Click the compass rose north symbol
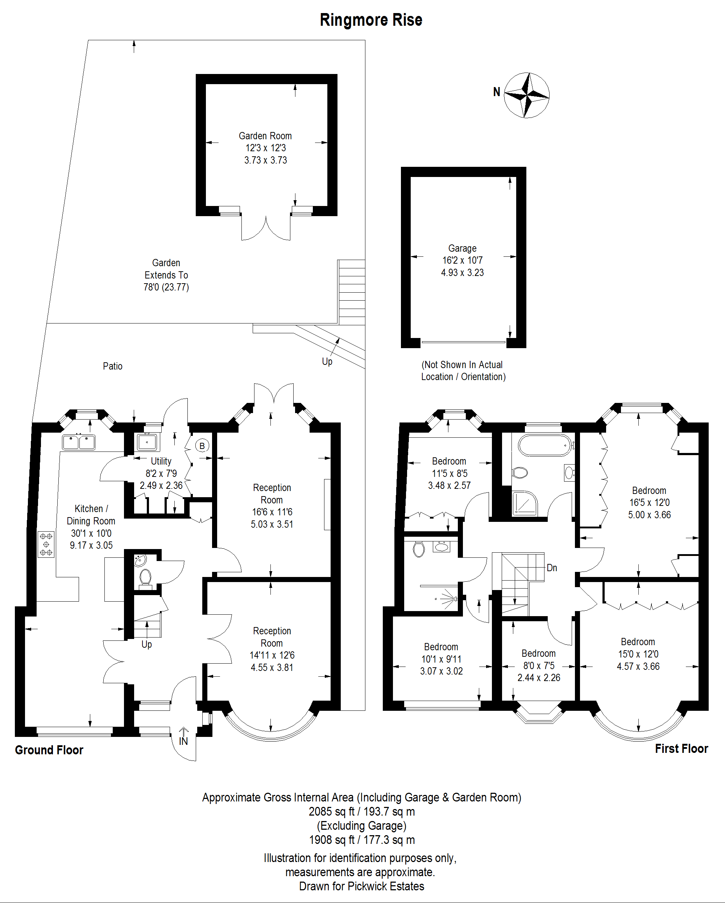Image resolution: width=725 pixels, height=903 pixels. [526, 95]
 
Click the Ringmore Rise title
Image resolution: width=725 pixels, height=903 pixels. [371, 20]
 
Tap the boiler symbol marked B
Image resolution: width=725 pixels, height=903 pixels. [202, 446]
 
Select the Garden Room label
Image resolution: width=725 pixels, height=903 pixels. [265, 136]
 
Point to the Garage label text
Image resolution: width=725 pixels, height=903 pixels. [462, 248]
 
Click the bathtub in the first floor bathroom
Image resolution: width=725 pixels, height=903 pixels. [544, 445]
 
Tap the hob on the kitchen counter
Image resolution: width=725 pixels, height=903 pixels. [46, 544]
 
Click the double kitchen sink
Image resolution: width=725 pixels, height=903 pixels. [79, 442]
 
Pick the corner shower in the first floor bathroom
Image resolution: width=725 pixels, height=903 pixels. [525, 503]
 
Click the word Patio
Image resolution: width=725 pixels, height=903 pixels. [113, 366]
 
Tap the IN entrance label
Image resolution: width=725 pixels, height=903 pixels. [183, 741]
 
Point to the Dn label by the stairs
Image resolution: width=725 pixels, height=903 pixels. [552, 568]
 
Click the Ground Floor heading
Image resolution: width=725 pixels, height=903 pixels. [49, 750]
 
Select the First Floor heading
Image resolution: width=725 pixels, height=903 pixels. [681, 749]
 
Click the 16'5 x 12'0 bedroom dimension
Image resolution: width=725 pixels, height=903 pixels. [649, 503]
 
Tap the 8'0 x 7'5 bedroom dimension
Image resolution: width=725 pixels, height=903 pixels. [539, 665]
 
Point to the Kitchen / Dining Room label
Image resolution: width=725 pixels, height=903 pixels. [91, 515]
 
